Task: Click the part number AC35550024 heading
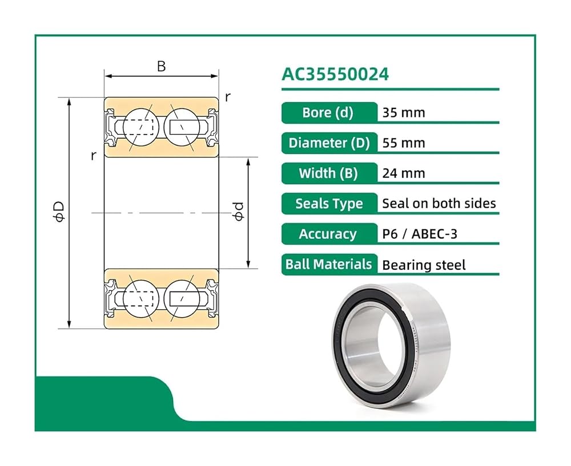[335, 74]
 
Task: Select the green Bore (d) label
[329, 113]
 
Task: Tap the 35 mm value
[404, 113]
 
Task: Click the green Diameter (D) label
[329, 143]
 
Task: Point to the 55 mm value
[404, 143]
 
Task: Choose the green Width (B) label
[329, 173]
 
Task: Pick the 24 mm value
[404, 173]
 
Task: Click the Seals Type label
[329, 204]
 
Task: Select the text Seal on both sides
[439, 204]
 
